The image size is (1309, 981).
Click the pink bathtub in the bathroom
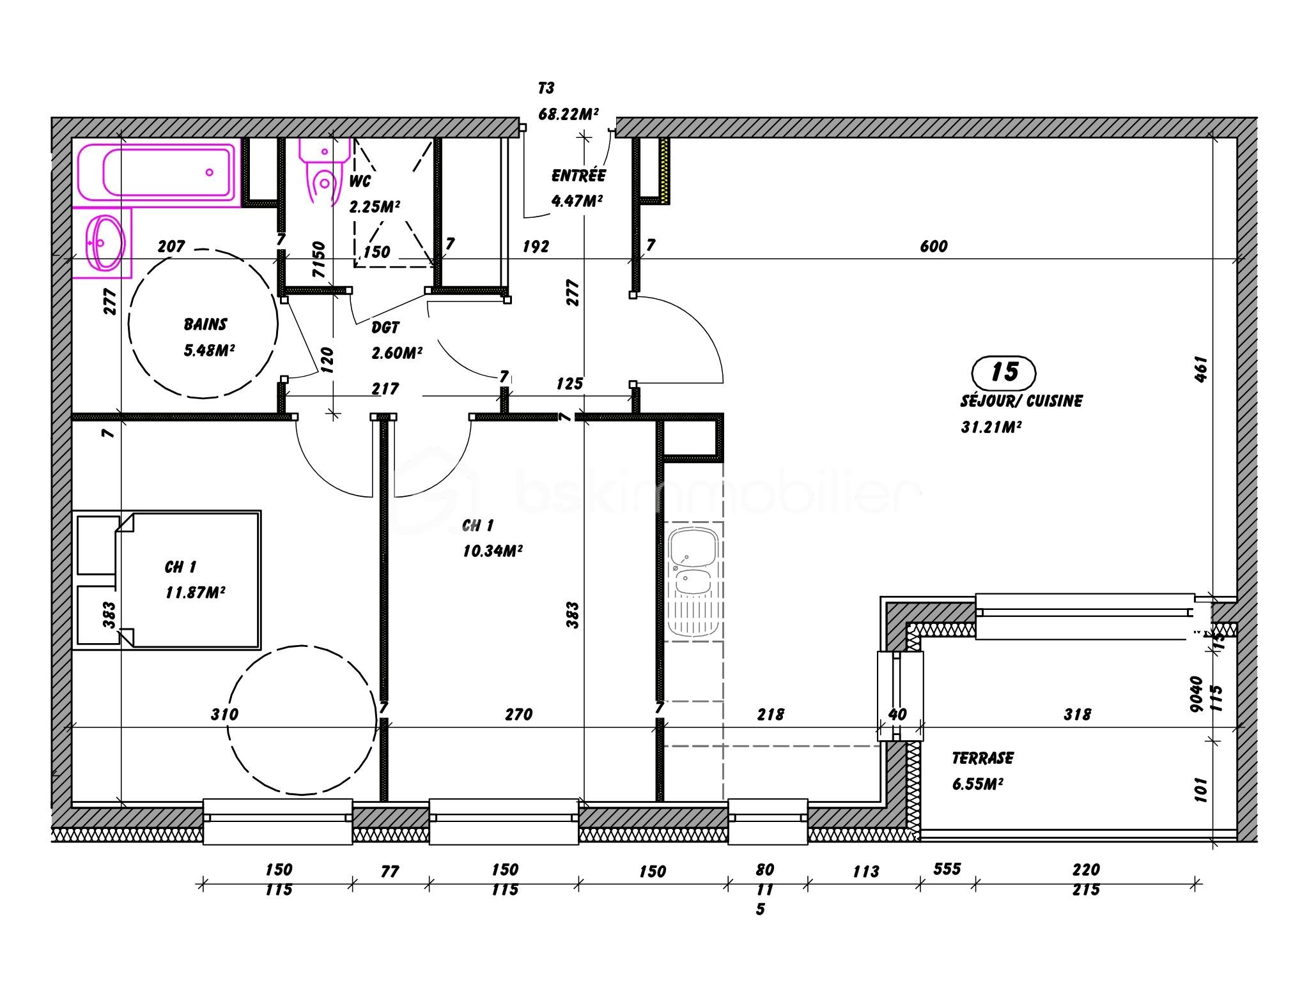point(157,172)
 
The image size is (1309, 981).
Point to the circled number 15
point(1003,373)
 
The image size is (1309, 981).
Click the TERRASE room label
point(982,758)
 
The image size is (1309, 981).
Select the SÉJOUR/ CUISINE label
point(1021,401)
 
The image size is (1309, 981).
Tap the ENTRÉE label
point(578,176)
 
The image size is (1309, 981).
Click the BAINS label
point(205,324)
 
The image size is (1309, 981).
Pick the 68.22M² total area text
point(568,114)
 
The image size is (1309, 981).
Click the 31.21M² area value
point(991,427)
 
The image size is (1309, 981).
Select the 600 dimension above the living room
point(934,247)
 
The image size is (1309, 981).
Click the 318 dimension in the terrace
point(1077,715)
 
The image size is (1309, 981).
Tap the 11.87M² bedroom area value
point(195,593)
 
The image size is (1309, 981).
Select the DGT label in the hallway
point(385,328)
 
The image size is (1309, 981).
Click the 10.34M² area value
point(493,551)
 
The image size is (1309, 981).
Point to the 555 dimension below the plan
point(947,869)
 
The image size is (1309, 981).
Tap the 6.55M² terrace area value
point(977,784)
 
